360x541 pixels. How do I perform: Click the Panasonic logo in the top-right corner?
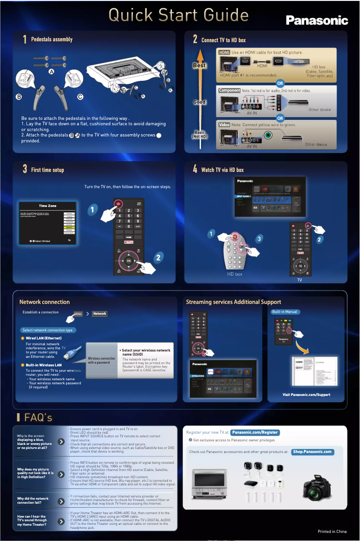point(317,20)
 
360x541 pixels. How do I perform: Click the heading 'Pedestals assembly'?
point(52,40)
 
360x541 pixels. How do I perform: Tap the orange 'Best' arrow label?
point(199,66)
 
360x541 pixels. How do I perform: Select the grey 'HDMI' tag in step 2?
point(224,53)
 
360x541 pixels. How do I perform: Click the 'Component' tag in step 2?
point(229,90)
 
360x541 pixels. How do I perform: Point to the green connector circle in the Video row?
point(268,135)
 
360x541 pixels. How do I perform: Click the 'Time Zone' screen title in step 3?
point(48,206)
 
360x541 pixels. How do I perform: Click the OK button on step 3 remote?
point(129,260)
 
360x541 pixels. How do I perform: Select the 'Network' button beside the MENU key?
point(100,314)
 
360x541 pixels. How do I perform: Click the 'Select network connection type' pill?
point(47,330)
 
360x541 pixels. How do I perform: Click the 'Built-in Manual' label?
point(285,312)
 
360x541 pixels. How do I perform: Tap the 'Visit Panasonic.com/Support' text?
point(306,395)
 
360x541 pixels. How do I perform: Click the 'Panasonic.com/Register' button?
point(255,432)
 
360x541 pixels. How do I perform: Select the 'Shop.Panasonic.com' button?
point(312,452)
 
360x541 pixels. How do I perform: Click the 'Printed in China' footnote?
point(332,532)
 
